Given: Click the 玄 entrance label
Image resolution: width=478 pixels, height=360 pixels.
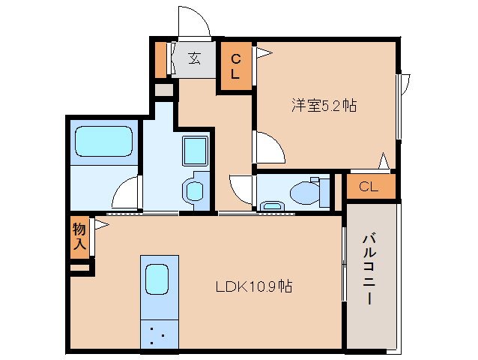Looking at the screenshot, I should [x=194, y=58].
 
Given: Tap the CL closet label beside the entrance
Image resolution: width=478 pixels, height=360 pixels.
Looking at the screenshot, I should [x=235, y=67].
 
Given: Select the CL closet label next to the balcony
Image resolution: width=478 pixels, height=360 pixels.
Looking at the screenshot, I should [x=369, y=187].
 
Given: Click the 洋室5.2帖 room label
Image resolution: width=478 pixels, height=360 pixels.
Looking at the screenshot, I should [x=324, y=106].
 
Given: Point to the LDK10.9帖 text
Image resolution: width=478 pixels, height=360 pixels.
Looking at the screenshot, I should [x=254, y=286].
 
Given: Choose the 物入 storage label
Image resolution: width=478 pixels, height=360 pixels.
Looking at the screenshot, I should [x=79, y=235].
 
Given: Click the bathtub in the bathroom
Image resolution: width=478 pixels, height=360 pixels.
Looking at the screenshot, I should [x=103, y=140].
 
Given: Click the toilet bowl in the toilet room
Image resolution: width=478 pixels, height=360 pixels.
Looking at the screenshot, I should [x=304, y=193].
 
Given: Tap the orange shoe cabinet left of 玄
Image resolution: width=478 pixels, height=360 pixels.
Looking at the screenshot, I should [x=160, y=59].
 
